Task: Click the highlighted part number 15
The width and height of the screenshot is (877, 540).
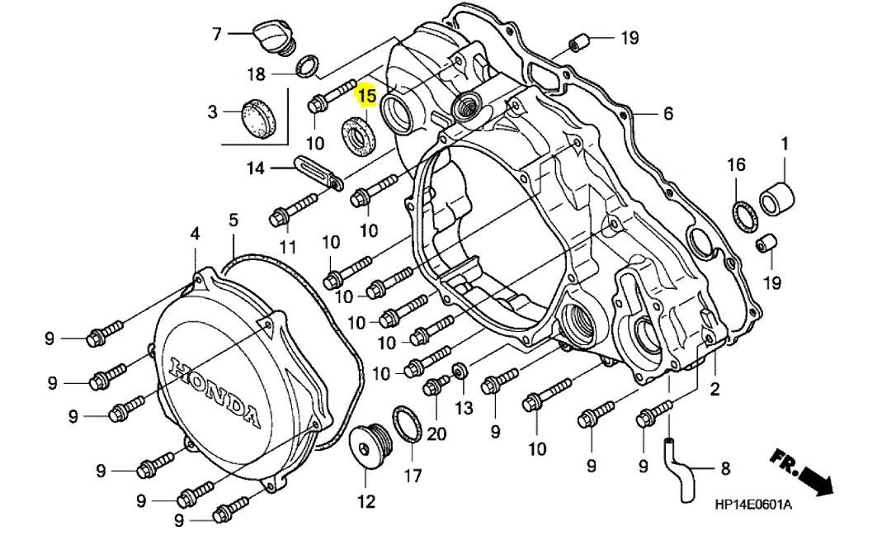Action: tap(366, 96)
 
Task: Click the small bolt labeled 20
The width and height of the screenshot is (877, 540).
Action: tap(435, 386)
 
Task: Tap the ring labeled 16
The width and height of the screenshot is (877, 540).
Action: tap(743, 216)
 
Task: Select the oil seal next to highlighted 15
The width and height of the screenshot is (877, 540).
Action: tap(357, 134)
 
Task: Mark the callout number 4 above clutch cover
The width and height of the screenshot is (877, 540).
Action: tap(195, 234)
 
